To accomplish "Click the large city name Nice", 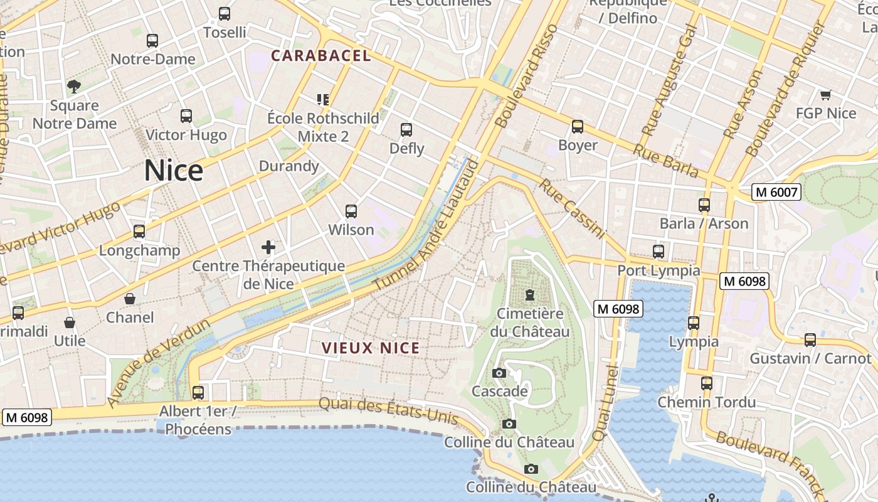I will tap(174, 171).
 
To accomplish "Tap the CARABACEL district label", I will tap(320, 56).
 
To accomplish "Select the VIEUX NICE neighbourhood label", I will tap(370, 348).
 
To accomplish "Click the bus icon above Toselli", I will tap(225, 13).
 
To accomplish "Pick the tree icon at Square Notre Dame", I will tap(74, 86).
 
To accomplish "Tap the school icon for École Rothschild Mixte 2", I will tap(323, 99).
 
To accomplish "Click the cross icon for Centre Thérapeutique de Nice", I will tap(268, 247).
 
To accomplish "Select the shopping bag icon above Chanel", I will tap(130, 299).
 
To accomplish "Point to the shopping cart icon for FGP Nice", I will tap(825, 95).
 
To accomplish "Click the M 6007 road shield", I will tap(776, 192).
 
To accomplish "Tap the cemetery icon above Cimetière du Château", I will tap(530, 294).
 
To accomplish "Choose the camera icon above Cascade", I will tap(499, 373).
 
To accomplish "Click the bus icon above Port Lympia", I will tap(658, 252).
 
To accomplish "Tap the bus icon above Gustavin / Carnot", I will tap(810, 340).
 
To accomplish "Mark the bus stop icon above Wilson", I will tap(351, 211).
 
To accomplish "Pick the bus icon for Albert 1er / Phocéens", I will tap(198, 393).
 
